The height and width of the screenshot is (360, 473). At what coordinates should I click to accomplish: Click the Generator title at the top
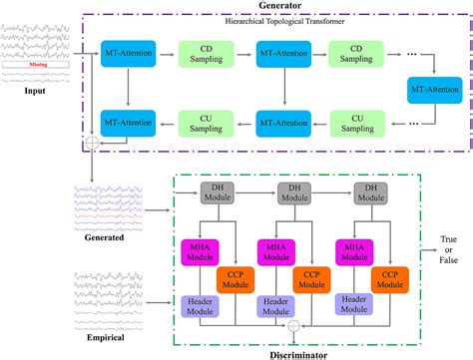tap(272, 7)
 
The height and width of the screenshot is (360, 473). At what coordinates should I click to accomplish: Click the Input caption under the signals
tap(36, 94)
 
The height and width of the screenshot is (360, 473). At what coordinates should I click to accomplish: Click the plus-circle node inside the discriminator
tap(291, 325)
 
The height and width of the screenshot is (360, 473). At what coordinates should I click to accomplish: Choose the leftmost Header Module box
tap(196, 306)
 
